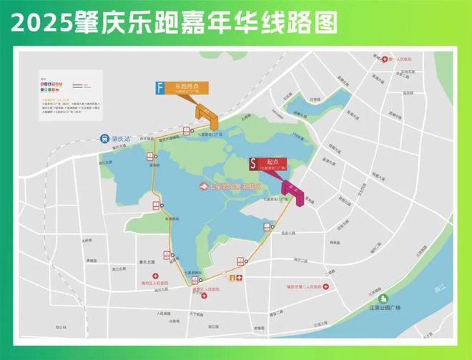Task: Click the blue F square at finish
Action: tap(162, 88)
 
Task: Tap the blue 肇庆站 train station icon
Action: tap(105, 140)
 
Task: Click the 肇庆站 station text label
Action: tap(124, 140)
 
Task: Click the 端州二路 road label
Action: tap(298, 259)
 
